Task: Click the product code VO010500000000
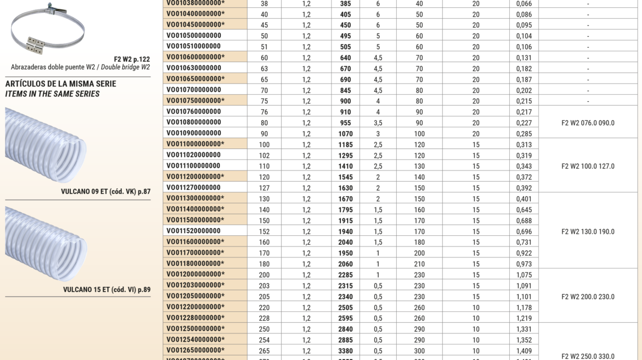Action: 194,35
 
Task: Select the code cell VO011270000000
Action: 194,188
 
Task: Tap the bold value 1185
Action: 345,145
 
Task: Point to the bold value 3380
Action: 345,351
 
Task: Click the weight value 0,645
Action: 524,210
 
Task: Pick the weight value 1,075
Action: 524,275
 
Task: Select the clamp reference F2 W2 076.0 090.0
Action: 588,123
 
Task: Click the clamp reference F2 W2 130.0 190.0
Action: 588,232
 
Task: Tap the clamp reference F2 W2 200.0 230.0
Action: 588,297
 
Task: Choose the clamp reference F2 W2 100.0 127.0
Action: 588,166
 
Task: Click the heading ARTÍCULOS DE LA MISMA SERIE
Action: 61,84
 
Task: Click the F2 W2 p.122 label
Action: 132,59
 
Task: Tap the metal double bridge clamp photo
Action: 46,28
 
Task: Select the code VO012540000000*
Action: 195,340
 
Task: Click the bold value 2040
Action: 345,243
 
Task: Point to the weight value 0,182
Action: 524,69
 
